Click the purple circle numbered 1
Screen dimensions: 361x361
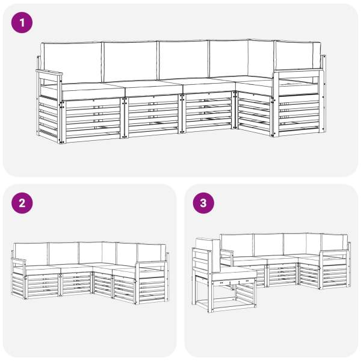coord(22,23)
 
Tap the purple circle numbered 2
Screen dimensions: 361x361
coord(22,203)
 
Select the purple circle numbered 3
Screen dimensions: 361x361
coord(203,203)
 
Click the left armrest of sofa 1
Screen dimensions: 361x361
coord(49,73)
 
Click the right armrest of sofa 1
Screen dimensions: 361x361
coord(299,72)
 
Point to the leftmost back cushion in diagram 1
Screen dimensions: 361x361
coord(72,62)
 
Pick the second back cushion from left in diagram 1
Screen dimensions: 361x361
coord(131,61)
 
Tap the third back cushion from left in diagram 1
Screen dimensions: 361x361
coord(184,60)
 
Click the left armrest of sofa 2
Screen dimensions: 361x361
coord(19,261)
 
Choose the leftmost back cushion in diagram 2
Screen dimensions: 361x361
coord(31,254)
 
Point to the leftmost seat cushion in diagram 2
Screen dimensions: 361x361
coord(42,269)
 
